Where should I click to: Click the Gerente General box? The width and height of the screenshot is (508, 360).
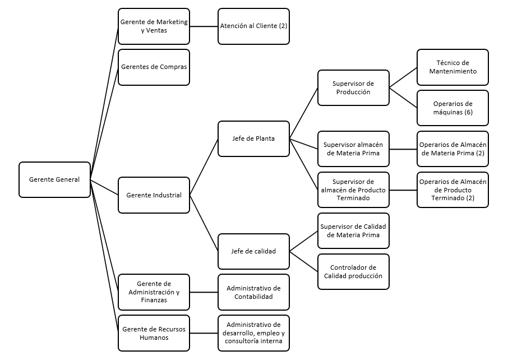click(54, 180)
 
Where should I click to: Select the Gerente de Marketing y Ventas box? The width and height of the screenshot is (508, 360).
click(154, 26)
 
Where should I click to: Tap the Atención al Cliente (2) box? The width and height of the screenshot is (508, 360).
click(253, 26)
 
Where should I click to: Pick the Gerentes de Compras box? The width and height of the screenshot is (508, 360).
click(154, 67)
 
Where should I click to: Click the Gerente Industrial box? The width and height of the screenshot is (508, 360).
click(154, 195)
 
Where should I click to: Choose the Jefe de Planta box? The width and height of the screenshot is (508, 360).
click(253, 139)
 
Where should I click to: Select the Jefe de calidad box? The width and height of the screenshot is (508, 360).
click(253, 251)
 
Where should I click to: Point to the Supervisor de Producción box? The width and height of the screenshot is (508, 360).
click(353, 88)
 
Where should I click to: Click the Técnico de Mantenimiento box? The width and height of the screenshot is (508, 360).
click(452, 67)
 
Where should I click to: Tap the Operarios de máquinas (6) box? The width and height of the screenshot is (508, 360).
click(452, 108)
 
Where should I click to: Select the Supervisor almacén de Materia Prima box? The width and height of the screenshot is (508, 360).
click(353, 149)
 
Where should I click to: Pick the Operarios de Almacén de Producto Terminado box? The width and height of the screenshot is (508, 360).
click(452, 190)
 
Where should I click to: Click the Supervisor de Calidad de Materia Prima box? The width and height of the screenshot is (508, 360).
click(353, 230)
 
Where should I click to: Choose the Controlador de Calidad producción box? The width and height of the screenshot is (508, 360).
click(353, 272)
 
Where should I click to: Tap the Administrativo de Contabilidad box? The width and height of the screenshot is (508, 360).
click(253, 292)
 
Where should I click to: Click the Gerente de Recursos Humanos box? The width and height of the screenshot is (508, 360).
click(154, 333)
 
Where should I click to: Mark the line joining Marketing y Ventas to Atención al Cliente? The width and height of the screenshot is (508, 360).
click(204, 26)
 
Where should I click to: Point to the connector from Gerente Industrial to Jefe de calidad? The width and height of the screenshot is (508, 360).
click(204, 223)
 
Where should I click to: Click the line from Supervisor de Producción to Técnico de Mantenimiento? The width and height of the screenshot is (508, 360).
click(403, 77)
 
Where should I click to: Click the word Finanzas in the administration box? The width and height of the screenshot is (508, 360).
click(154, 300)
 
